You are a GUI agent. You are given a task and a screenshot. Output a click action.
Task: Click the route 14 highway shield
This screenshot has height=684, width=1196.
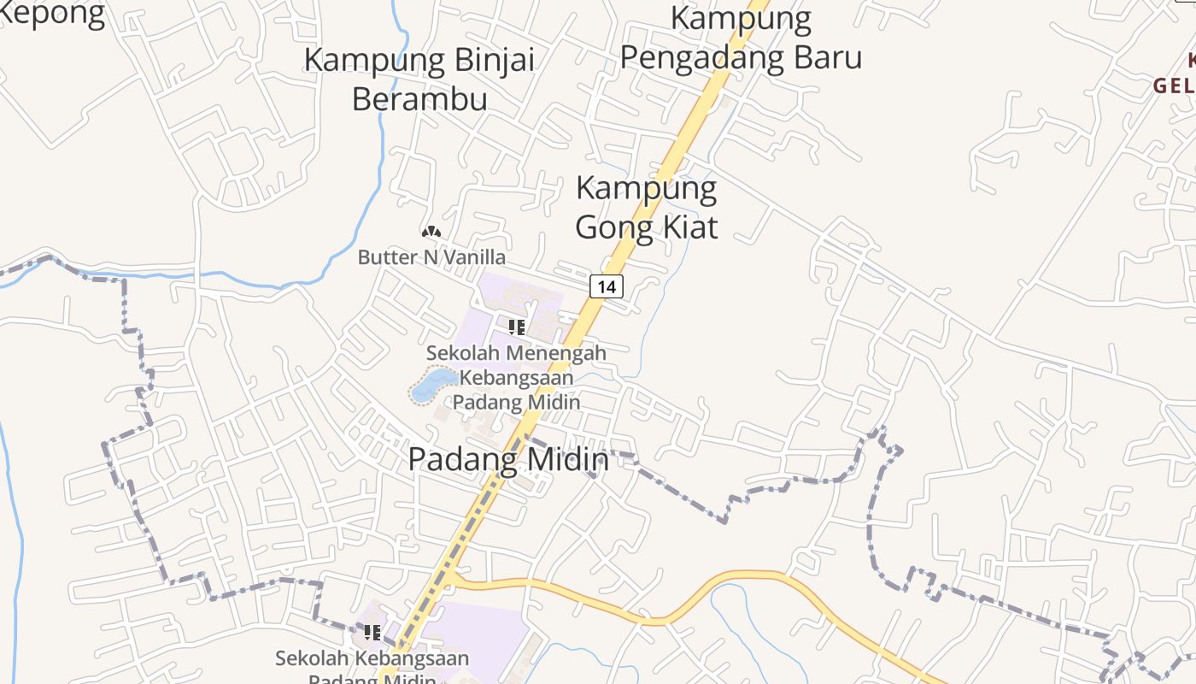(x=606, y=286)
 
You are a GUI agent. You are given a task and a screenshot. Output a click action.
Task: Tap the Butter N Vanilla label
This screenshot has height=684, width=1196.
(x=431, y=257)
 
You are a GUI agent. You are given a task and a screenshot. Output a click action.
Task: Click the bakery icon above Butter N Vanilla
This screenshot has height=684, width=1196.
(x=431, y=232)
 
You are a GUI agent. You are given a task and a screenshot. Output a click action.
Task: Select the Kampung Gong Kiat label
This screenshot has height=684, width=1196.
(x=646, y=208)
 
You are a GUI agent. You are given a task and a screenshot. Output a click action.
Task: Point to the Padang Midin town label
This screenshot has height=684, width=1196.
(x=508, y=460)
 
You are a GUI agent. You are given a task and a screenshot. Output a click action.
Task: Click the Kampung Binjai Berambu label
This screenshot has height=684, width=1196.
(x=419, y=80)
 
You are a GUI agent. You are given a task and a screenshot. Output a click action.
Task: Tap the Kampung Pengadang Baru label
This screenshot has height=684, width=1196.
(x=741, y=38)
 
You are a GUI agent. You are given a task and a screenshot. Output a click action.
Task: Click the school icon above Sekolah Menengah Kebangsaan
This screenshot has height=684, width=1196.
(x=516, y=327)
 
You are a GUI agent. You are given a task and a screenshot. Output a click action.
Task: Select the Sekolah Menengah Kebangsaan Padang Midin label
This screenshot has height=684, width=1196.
(x=516, y=377)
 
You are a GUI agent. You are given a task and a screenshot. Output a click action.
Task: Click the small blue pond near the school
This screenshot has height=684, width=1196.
(x=435, y=385)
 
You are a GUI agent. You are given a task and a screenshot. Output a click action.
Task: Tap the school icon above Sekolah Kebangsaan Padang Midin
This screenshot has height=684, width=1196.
(x=372, y=633)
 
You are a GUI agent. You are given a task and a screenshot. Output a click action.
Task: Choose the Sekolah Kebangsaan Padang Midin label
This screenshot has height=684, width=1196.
(x=372, y=668)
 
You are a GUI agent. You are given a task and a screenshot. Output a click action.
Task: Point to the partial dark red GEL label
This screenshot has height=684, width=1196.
(x=1174, y=86)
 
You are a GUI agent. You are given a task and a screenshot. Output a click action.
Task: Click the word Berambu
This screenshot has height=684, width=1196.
(x=419, y=99)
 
